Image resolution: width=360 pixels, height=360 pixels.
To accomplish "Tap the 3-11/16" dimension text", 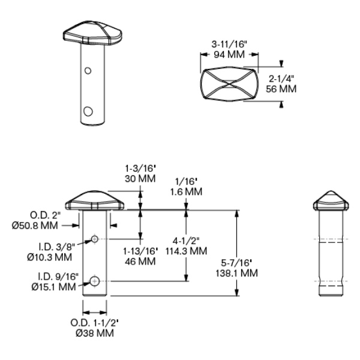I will point(229,45).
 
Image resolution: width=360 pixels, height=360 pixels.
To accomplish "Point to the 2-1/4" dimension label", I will point(281,79).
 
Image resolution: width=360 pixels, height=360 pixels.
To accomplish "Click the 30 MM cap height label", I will point(140,179).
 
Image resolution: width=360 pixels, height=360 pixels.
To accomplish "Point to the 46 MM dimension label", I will point(140,262).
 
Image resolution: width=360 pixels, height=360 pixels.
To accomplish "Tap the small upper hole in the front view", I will point(95,239).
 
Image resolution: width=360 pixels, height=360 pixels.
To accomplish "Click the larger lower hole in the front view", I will point(95,280).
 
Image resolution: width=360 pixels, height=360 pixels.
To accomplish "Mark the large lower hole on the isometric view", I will point(89,111).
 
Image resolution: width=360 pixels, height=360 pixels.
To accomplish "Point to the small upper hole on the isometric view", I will point(88,71).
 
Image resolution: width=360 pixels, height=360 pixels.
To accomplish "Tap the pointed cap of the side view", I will point(331,201).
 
